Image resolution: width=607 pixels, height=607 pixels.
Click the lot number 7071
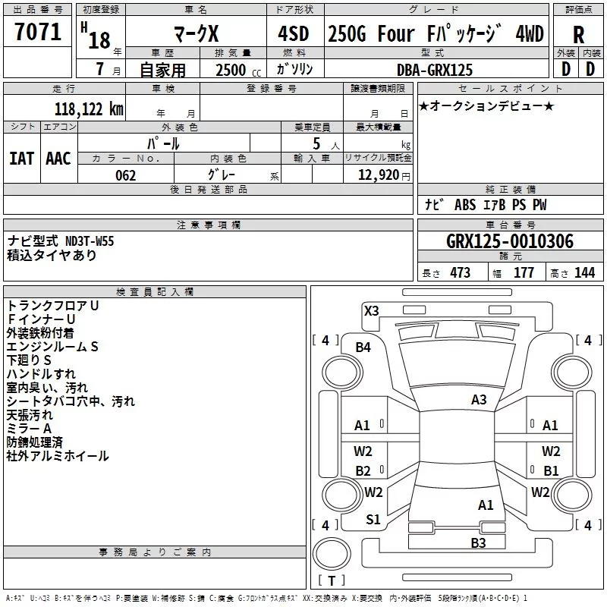coord(38,32)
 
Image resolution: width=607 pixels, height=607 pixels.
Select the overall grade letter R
coord(578,35)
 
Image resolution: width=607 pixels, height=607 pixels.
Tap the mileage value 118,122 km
coord(89,109)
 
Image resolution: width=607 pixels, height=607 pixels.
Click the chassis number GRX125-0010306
coord(510,241)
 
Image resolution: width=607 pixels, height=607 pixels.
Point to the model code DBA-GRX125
coord(435,70)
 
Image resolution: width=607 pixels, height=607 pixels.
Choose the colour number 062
coord(126,175)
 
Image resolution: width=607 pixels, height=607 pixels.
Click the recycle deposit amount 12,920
coord(379,175)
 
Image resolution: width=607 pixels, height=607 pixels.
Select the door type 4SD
coord(294,33)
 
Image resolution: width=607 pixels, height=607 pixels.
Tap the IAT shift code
coord(22,159)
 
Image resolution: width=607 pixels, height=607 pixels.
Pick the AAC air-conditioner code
coord(58,159)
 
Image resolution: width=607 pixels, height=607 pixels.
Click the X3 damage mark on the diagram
coord(371,311)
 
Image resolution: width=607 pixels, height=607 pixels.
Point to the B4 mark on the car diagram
coord(363,348)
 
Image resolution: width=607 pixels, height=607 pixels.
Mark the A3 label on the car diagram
coord(479,400)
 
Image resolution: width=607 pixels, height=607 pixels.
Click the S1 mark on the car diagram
coord(373,520)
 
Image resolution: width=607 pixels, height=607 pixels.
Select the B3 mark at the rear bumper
coord(478,543)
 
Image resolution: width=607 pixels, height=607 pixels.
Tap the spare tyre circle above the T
coord(332,554)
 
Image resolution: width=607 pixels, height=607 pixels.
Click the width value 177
coord(524,273)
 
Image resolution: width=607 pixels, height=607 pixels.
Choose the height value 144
coord(584,273)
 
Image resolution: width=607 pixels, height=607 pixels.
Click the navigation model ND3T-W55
coord(90,241)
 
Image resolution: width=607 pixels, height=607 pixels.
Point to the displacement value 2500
coord(231,71)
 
